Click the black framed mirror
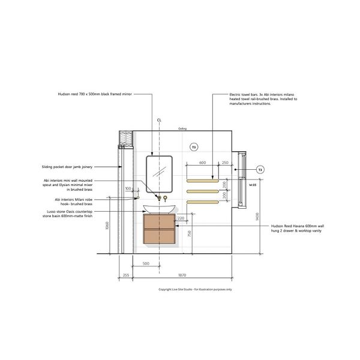tap(159, 173)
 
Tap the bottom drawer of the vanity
tap(159, 235)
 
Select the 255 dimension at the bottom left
tap(125, 275)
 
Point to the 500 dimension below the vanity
tap(145, 263)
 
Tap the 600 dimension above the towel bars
tap(202, 163)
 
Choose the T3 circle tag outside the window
tap(260, 170)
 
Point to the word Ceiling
tap(182, 128)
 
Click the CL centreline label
tap(160, 120)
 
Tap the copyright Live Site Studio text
tap(194, 289)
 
